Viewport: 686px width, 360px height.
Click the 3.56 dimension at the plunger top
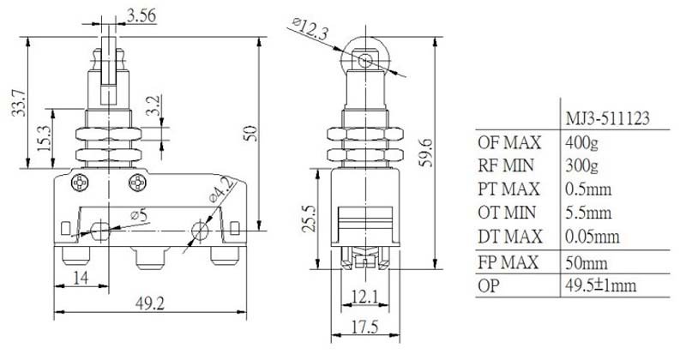(141, 16)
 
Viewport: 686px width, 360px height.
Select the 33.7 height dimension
(19, 102)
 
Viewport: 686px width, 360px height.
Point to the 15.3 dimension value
(45, 138)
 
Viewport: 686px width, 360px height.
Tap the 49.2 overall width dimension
(149, 303)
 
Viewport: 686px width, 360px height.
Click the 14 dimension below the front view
(81, 278)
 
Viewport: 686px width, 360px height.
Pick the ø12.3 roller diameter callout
(310, 28)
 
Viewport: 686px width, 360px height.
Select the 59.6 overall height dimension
(425, 153)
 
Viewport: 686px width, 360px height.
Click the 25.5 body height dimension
(310, 218)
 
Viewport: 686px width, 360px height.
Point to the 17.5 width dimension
(365, 327)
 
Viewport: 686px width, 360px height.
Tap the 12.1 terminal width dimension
(364, 297)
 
